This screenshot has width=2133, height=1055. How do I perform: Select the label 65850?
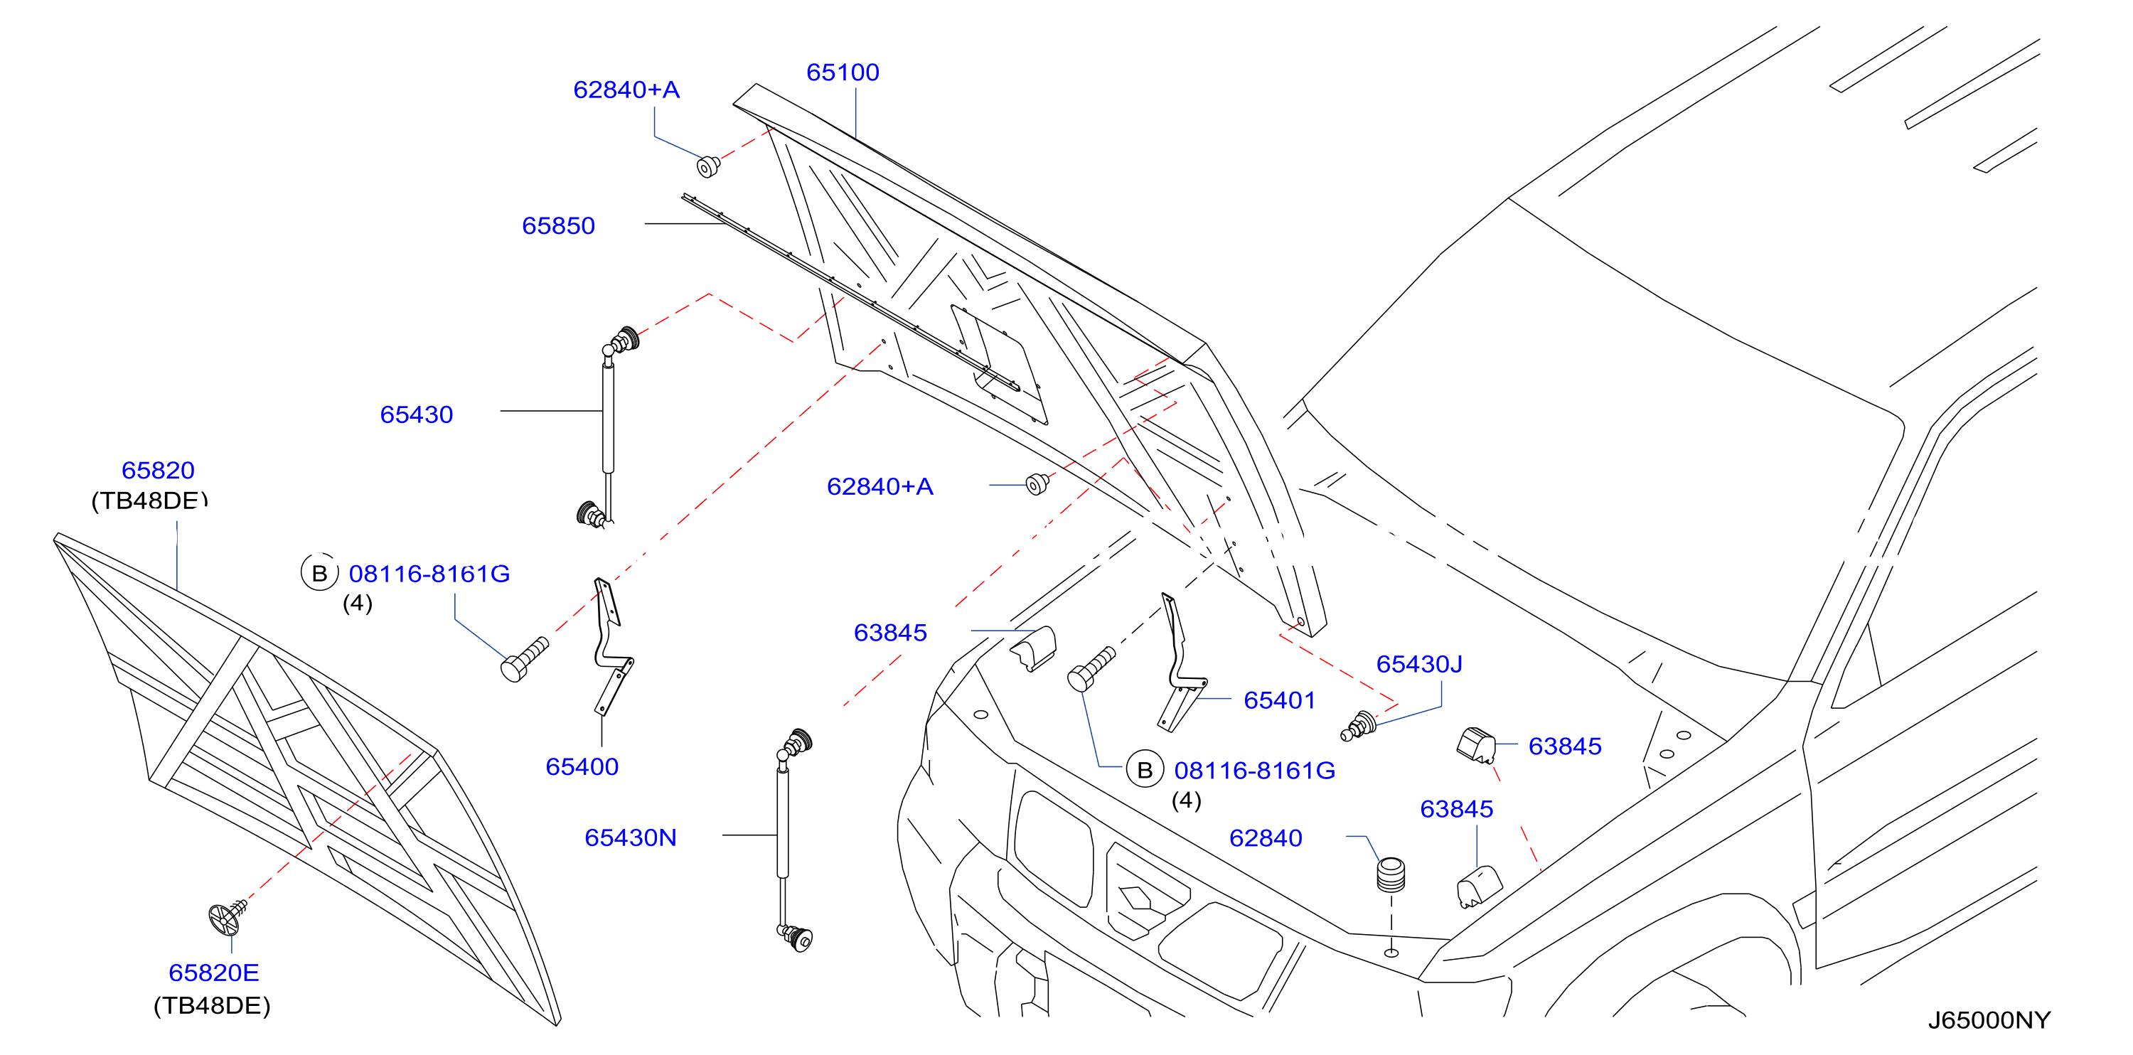pyautogui.click(x=558, y=225)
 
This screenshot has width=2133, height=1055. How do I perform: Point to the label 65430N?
pyautogui.click(x=630, y=837)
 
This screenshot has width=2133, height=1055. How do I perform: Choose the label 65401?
pyautogui.click(x=1279, y=700)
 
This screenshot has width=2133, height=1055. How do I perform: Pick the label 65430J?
pyautogui.click(x=1418, y=663)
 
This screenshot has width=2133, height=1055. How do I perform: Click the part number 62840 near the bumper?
pyautogui.click(x=1266, y=837)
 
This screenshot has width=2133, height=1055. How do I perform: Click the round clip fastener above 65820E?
pyautogui.click(x=227, y=916)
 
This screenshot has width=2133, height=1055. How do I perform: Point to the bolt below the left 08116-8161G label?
pyautogui.click(x=524, y=659)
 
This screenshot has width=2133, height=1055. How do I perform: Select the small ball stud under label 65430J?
pyautogui.click(x=1358, y=727)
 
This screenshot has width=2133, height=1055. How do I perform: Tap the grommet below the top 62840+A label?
pyautogui.click(x=708, y=166)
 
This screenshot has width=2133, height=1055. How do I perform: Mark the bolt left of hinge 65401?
pyautogui.click(x=1091, y=668)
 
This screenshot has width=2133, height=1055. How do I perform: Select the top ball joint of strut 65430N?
pyautogui.click(x=796, y=744)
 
